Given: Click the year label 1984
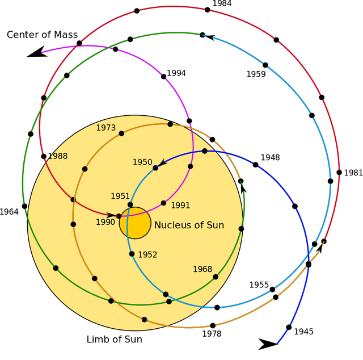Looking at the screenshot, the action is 222,3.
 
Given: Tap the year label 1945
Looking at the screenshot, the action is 303,332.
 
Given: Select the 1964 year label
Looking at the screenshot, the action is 9,212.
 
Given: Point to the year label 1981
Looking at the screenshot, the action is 353,173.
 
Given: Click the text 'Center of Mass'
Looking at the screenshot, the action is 42,35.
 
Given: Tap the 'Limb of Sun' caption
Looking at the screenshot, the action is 115,339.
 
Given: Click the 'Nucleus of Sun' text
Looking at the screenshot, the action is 189,225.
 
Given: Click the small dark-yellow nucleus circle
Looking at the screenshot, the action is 135,223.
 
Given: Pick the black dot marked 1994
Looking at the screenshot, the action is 163,77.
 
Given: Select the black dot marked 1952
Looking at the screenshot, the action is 132,254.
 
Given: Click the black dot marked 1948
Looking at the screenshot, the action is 255,165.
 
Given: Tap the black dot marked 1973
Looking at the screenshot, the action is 121,133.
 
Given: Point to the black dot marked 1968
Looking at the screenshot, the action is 216,277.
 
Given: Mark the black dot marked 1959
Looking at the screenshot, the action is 265,65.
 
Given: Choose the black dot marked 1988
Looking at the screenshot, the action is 44,157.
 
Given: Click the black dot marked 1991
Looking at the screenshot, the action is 163,203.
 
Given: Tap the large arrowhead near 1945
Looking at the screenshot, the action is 267,344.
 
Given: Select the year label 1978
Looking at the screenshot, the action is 212,334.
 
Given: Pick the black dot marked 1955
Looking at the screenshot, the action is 272,290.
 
